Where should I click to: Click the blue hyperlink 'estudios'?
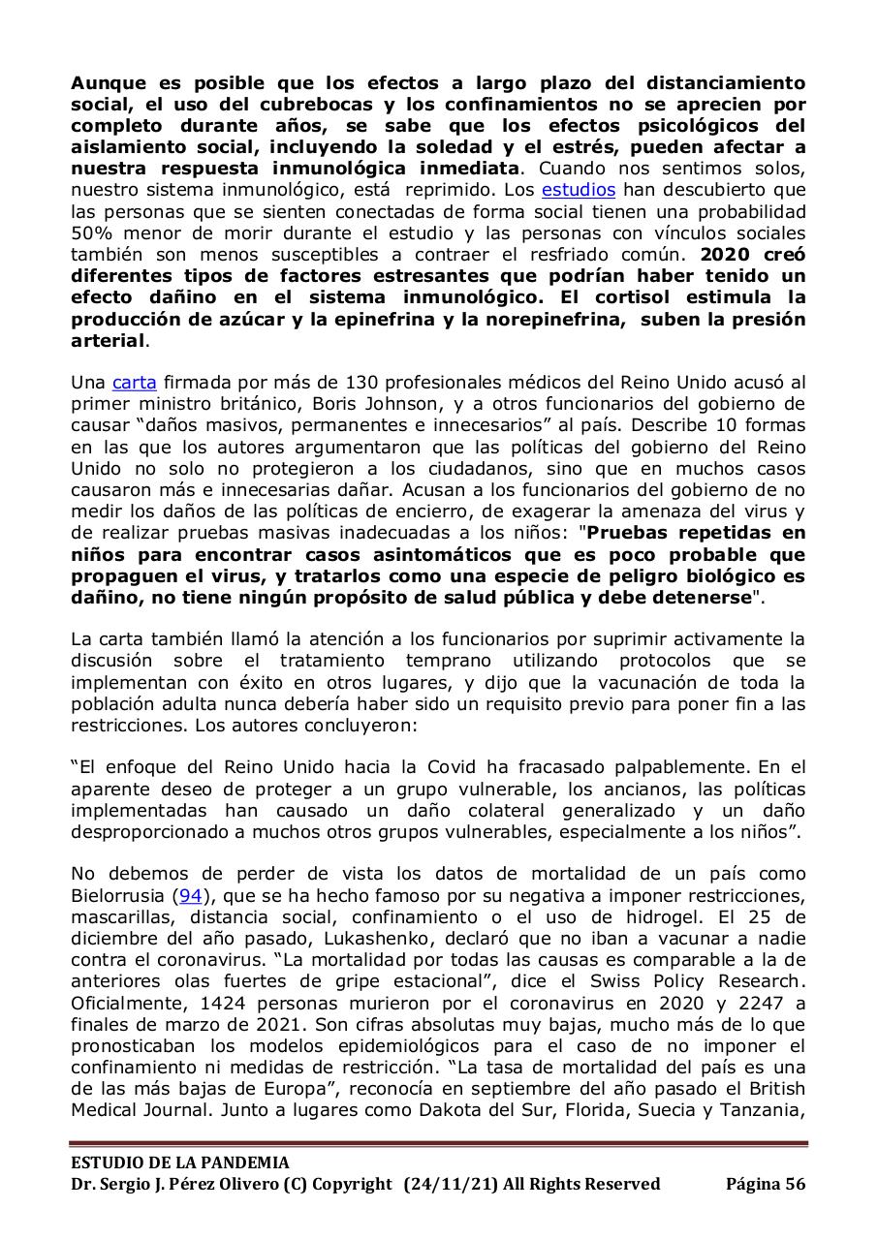[578, 190]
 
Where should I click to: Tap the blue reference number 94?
[191, 895]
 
